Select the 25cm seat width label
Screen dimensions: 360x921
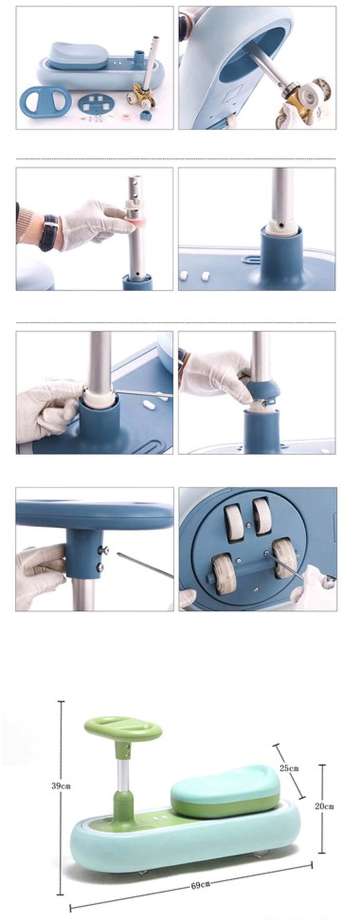[289, 768]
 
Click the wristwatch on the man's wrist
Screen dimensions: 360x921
[49, 232]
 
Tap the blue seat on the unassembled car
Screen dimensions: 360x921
[79, 55]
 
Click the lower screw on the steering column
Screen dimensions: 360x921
[101, 567]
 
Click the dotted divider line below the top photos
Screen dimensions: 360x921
[176, 159]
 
